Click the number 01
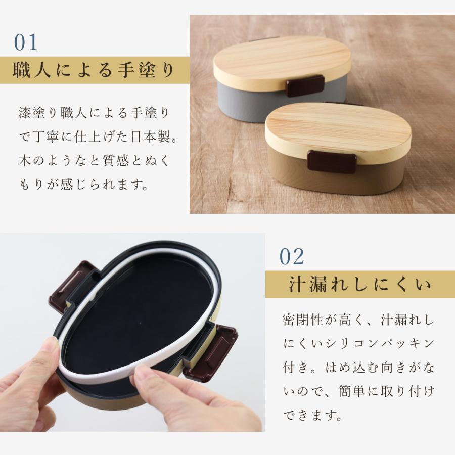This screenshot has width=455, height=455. pos(26,43)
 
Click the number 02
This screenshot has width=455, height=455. pos(292,257)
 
